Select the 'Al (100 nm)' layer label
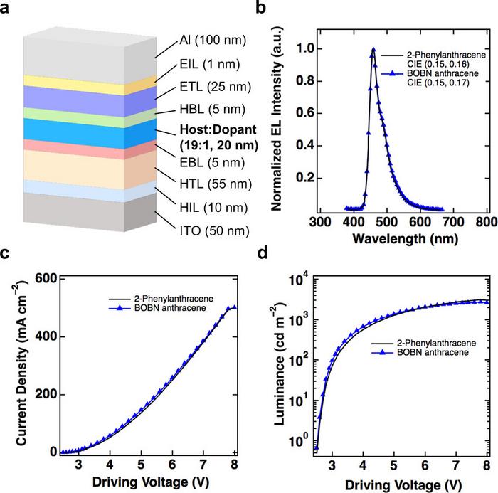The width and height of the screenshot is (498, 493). (213, 41)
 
